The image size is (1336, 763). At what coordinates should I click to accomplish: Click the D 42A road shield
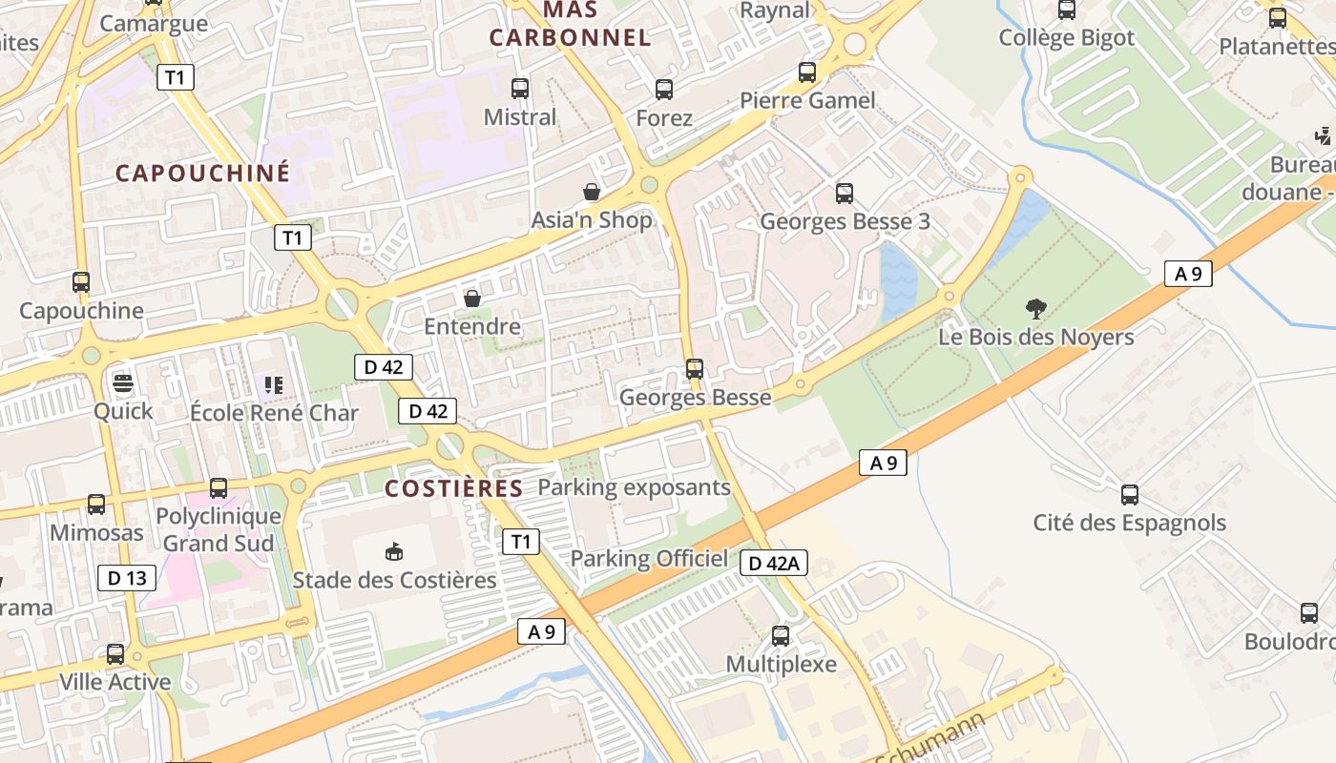pos(774,563)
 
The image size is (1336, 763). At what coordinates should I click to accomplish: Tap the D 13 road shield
pos(127,577)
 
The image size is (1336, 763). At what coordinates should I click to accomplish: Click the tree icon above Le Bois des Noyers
pos(1035,308)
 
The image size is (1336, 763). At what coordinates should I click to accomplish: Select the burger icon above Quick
pos(123,383)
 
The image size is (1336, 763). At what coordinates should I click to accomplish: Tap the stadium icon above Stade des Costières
pos(393,551)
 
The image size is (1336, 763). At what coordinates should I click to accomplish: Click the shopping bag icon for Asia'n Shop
pos(592,192)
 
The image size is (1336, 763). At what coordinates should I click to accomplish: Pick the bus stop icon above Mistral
pos(520,89)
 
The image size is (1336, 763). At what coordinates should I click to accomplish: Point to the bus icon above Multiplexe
pos(781,636)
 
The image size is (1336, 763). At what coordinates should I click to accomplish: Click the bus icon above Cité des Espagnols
pos(1130,495)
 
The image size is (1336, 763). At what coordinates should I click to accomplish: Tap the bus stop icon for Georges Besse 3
pos(845,194)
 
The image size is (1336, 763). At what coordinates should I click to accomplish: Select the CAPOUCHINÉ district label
pos(202,173)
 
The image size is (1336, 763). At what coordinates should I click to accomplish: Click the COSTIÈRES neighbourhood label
pos(453,488)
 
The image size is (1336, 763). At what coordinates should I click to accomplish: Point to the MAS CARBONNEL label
pos(570,24)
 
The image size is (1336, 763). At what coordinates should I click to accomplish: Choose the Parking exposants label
pos(634,487)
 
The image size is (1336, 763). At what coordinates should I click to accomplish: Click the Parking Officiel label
pos(649,559)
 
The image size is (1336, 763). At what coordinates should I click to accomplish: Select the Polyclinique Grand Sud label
pos(219,530)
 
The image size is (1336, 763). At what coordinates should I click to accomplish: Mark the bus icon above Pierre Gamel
pos(807,72)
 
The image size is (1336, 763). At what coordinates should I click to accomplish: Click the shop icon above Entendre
pos(471,299)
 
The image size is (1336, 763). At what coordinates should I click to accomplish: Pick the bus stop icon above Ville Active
pos(115,654)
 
